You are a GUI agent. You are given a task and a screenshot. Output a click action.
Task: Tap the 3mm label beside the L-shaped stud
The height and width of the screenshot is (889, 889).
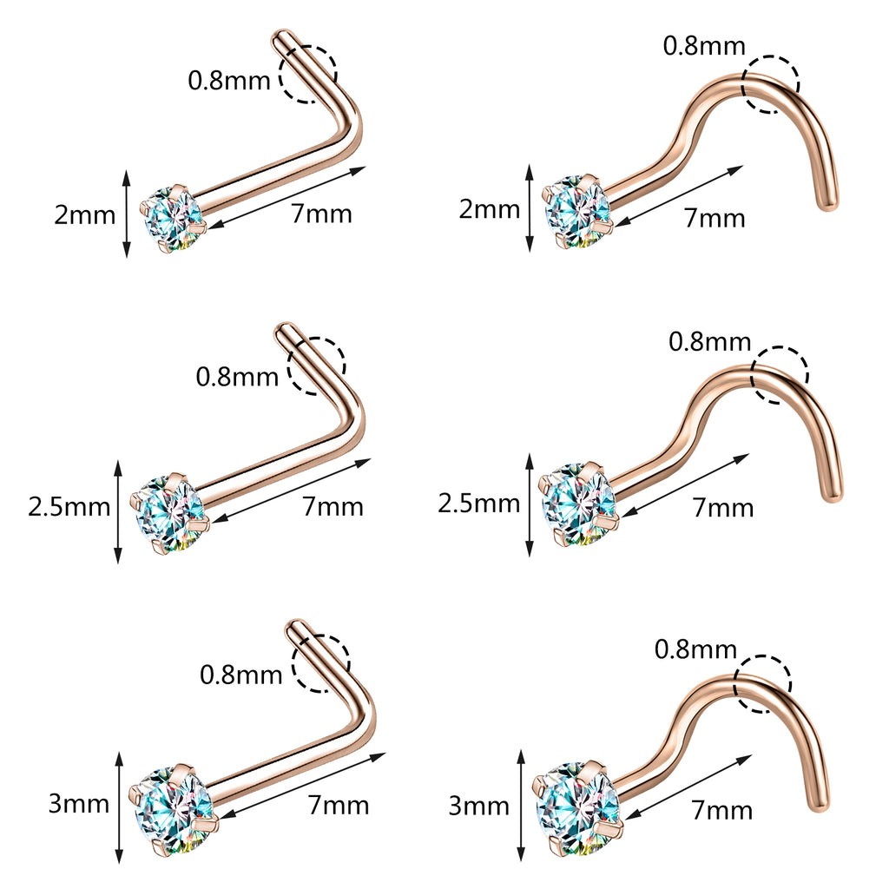coord(78,803)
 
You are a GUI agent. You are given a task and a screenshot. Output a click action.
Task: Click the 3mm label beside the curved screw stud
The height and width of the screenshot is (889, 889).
coord(478,807)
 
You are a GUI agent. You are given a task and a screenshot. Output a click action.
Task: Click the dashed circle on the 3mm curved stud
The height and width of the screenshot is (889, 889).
coord(762,684)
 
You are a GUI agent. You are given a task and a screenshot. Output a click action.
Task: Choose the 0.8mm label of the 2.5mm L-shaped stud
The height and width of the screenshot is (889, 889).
coord(237,377)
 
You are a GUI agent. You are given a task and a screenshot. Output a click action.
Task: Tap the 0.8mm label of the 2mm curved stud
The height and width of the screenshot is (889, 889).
coord(704,46)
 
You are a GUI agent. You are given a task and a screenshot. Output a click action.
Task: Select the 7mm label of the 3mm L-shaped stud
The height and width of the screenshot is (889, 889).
coord(339,806)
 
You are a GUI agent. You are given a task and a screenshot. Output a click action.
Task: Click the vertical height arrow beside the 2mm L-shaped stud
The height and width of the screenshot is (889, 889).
coord(128,214)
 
